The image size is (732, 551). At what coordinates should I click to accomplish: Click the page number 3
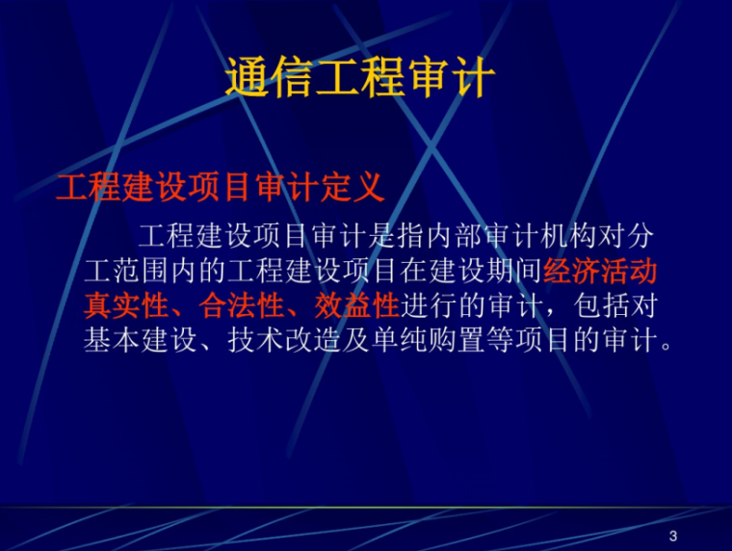click(x=672, y=536)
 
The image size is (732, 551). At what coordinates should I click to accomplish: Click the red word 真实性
click(x=126, y=306)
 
